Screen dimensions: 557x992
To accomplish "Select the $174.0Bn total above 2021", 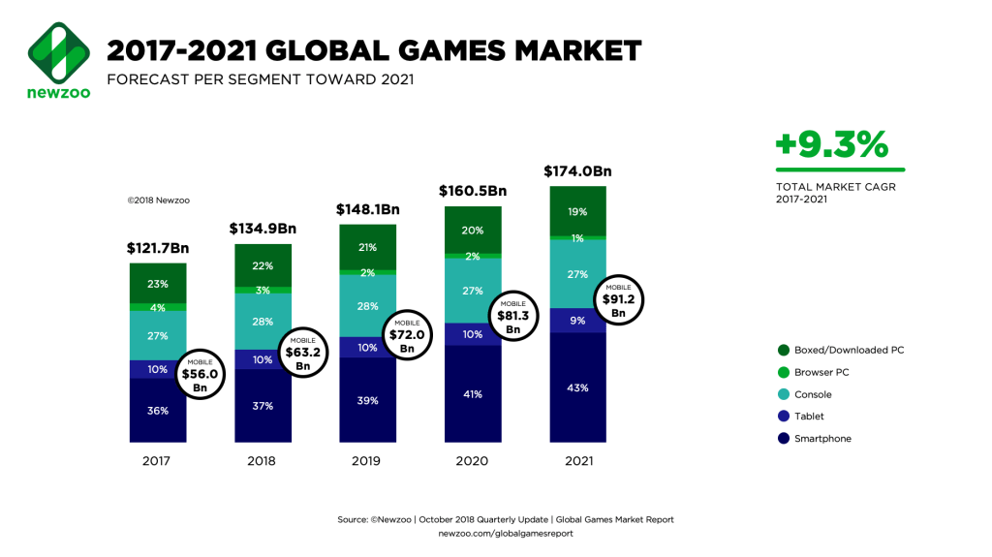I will (x=579, y=171).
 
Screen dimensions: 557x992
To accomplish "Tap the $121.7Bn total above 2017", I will (x=158, y=248).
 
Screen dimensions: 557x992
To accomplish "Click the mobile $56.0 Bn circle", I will (x=200, y=374).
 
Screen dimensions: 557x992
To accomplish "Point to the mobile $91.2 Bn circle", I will (x=619, y=301).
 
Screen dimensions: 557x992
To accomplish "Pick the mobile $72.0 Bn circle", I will (x=407, y=334).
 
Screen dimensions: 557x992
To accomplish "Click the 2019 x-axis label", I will (x=367, y=460).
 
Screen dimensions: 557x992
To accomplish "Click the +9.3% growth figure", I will (x=831, y=145).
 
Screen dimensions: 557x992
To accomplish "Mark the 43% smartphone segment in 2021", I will (x=578, y=387).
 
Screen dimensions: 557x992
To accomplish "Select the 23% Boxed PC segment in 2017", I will (x=158, y=284).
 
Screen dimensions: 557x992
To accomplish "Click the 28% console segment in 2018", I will (x=263, y=321).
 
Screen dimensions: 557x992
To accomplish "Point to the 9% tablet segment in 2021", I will (x=578, y=320).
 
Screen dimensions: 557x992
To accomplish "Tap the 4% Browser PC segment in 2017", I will (x=158, y=307).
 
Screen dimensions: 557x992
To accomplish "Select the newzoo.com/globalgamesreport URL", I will (x=506, y=533).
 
